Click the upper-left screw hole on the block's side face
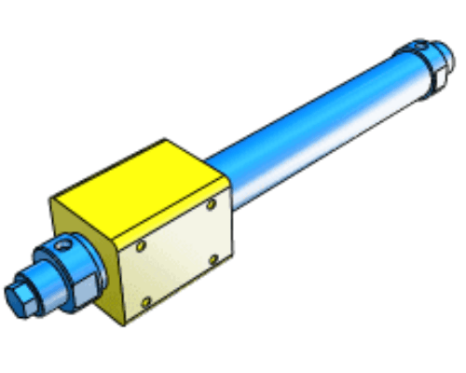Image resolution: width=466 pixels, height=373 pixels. coord(140,247)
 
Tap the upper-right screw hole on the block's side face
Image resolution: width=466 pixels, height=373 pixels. coord(212,202)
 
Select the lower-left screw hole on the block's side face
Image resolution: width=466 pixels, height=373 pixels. coord(145,301)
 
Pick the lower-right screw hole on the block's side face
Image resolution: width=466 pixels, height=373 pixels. coord(214,257)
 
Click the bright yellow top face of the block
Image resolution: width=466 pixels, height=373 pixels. coord(140,182)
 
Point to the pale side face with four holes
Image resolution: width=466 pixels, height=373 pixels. coord(177,252)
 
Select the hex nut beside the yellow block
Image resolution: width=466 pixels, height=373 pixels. coord(80,280)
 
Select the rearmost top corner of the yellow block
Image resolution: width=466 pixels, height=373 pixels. coord(166,141)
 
